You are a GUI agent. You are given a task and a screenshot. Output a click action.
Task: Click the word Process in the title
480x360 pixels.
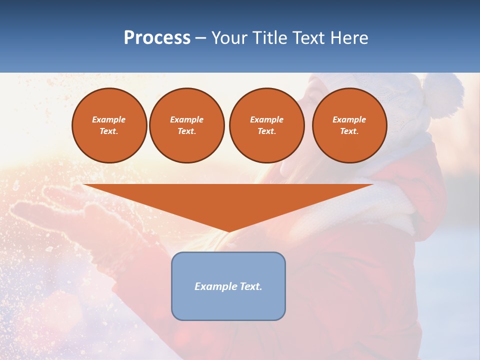coord(157,38)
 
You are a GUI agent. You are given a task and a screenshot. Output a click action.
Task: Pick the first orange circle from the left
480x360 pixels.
coord(109,125)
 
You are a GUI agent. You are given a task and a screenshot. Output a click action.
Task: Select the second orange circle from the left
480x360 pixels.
coord(187,125)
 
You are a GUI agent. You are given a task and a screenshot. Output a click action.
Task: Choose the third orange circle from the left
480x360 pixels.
coord(267,125)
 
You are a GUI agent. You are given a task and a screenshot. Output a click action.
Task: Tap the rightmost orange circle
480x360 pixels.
coord(349,125)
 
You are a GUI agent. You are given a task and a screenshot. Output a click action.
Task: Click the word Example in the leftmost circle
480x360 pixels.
coord(109,120)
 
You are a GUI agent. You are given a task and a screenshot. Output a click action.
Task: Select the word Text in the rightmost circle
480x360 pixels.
coord(349,131)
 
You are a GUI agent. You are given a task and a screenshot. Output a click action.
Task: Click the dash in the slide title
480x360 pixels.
coord(201,38)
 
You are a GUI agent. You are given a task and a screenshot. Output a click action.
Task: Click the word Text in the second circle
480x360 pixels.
coord(186,131)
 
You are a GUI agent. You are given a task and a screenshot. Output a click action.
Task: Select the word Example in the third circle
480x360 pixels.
coord(267,120)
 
